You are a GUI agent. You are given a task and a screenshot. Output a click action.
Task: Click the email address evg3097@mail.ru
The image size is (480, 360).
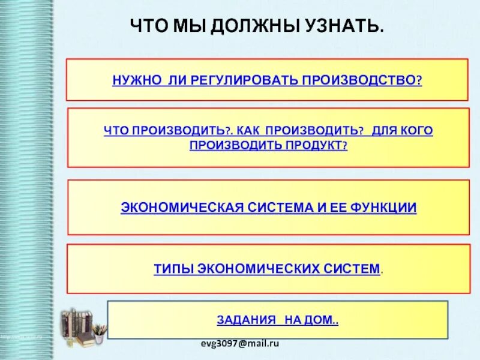[240, 343]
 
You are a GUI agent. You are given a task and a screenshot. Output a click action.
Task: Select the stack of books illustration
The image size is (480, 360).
[82, 328]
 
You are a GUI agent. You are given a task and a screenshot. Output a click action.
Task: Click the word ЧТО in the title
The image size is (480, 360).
[151, 26]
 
